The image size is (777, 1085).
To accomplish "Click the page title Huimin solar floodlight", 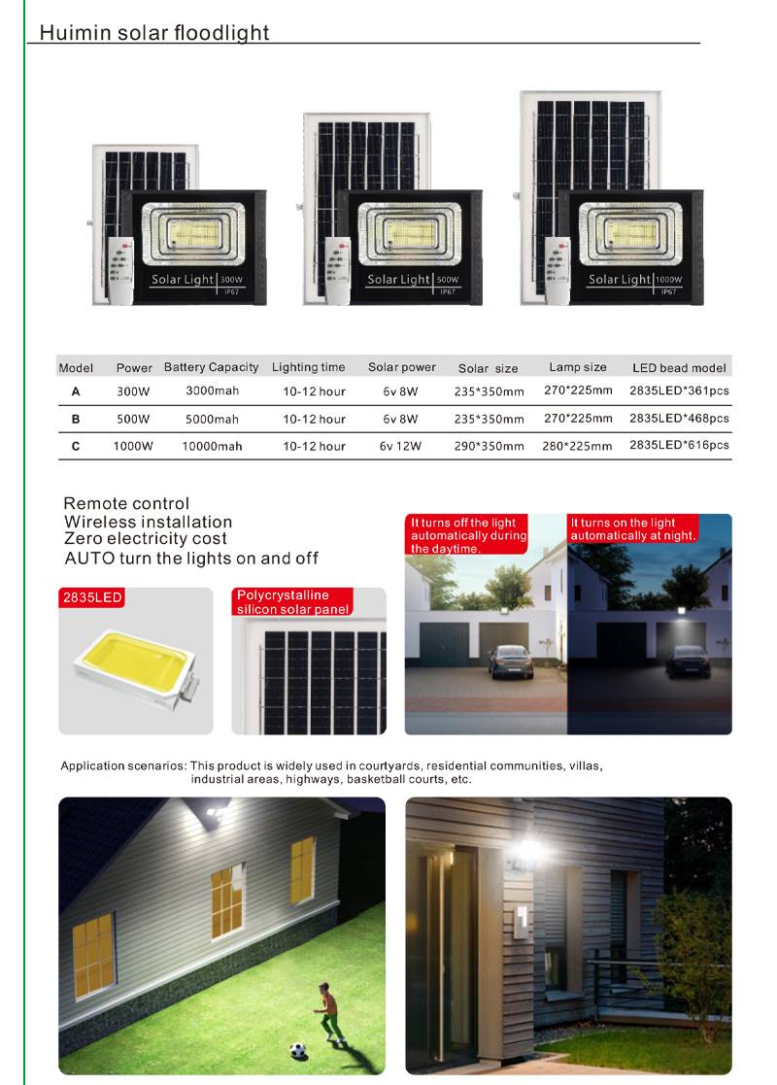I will (x=153, y=32).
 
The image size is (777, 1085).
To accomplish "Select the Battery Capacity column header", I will (x=211, y=367).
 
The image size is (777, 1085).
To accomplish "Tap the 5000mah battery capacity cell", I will (x=212, y=420).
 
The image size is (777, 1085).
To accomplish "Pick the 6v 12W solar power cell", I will (x=401, y=446).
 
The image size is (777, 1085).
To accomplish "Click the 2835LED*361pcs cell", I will (x=679, y=391).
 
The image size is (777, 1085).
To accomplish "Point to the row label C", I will (x=76, y=446).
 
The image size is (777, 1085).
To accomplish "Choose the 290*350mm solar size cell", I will (x=489, y=447).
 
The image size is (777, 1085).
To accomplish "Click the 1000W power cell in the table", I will (x=134, y=446).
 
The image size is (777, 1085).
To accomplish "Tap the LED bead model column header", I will (x=679, y=368).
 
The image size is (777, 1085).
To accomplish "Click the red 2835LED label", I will (x=92, y=597).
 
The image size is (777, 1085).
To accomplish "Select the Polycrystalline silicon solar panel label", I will (x=291, y=602).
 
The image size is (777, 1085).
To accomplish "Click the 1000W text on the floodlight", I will (x=669, y=280).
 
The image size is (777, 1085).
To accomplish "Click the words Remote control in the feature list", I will (x=126, y=503).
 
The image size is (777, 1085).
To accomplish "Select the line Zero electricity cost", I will (x=146, y=539).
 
